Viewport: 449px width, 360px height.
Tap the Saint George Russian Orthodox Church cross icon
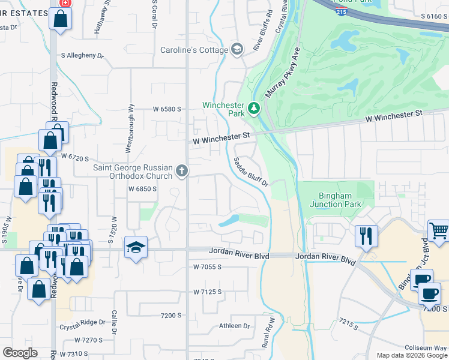click(x=181, y=172)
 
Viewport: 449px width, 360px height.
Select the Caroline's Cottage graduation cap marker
click(x=237, y=49)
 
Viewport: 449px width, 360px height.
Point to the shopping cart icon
click(x=438, y=230)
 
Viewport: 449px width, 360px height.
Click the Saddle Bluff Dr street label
click(x=250, y=172)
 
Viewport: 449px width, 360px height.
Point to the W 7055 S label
click(x=208, y=266)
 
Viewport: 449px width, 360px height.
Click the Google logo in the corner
click(x=20, y=353)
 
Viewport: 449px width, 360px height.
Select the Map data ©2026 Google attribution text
click(x=411, y=355)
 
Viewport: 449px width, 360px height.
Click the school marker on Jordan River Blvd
click(x=136, y=247)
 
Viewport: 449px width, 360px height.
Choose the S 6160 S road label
click(x=434, y=16)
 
